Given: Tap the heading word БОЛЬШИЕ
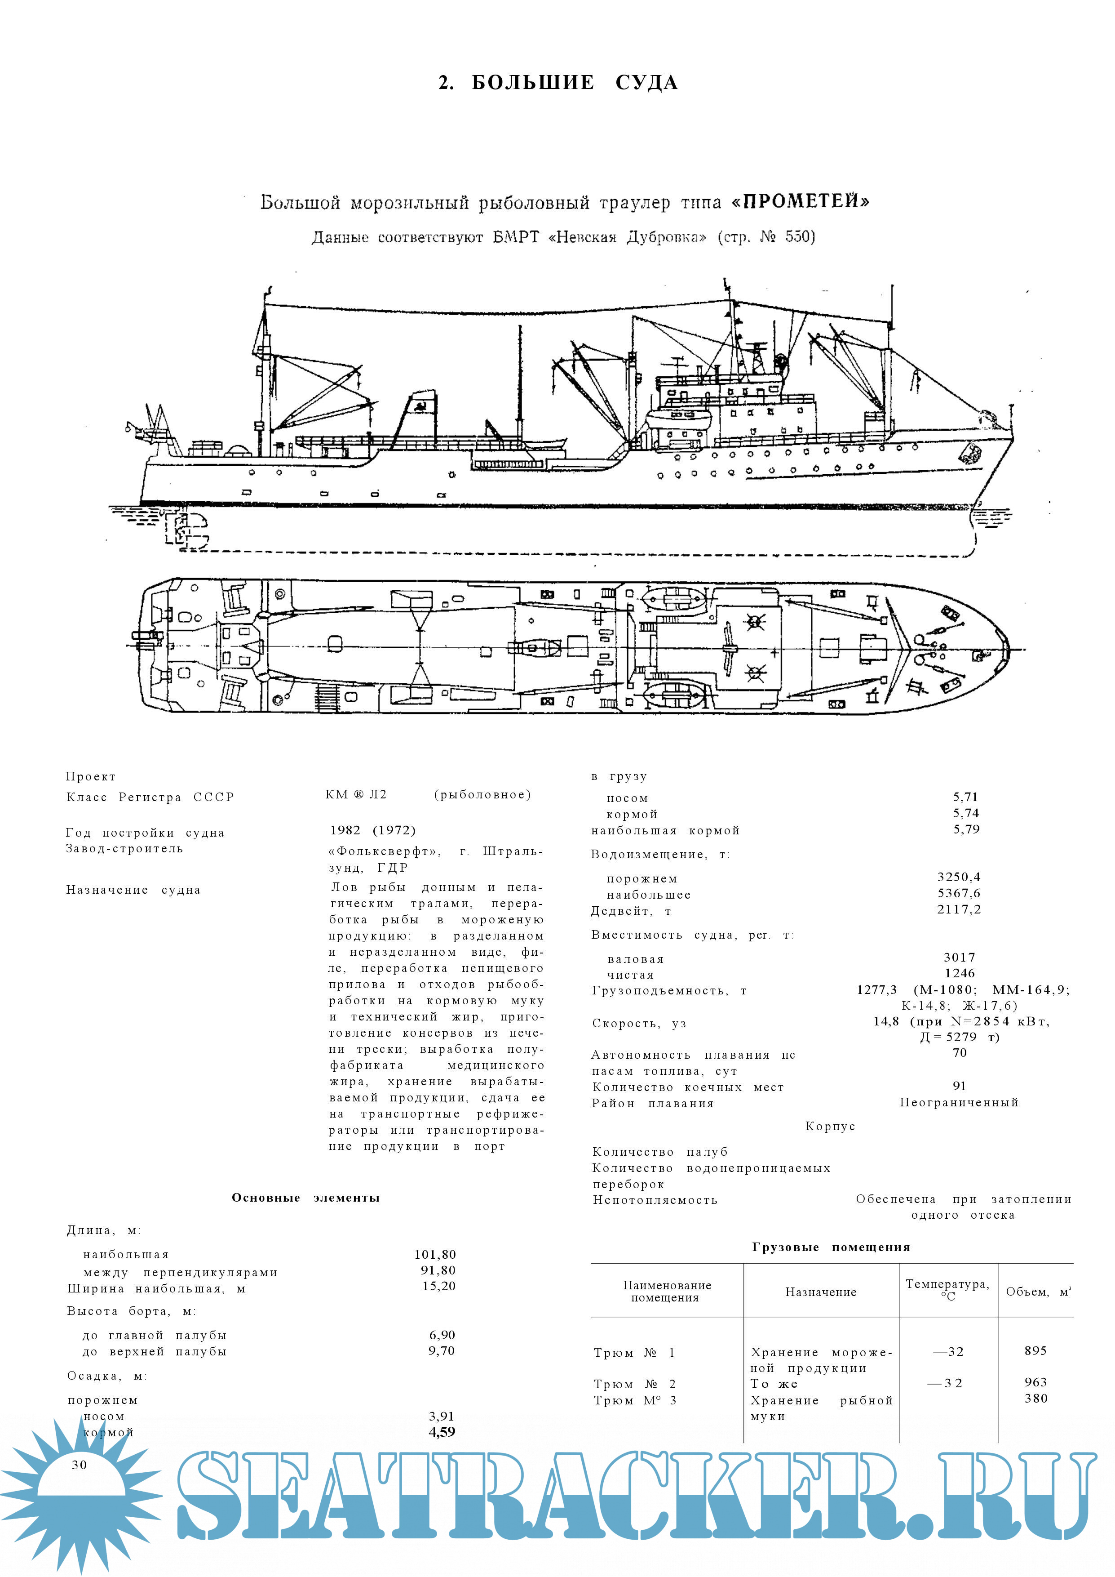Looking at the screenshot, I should [x=533, y=83].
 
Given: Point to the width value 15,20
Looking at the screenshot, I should [x=439, y=1286].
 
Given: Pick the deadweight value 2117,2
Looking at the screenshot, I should [x=959, y=909].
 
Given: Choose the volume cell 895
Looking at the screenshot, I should [x=1035, y=1350].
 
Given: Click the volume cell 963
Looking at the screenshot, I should [x=1035, y=1382].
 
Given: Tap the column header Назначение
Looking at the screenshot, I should [x=820, y=1292].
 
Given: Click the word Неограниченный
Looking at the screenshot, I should [x=959, y=1102].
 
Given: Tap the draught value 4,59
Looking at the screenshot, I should [x=442, y=1432].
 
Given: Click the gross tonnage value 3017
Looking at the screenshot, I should [x=959, y=957].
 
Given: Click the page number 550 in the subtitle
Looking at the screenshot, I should [x=798, y=237].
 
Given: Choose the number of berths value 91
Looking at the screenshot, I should [x=959, y=1086].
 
